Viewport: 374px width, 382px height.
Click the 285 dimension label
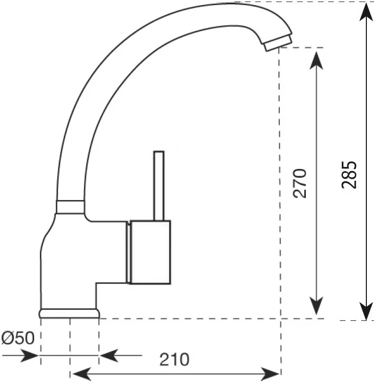(x=349, y=175)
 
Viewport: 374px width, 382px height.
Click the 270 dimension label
(x=300, y=183)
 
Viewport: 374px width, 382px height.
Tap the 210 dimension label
(x=174, y=360)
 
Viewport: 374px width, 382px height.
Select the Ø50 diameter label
(x=18, y=338)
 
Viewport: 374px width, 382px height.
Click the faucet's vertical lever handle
(x=159, y=186)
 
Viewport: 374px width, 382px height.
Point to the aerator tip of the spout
(x=277, y=43)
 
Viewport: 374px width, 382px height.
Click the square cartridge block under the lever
(x=150, y=252)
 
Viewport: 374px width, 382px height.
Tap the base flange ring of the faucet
(x=69, y=313)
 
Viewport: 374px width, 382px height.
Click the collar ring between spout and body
(x=70, y=207)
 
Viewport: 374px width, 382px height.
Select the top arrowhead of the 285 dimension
(x=366, y=12)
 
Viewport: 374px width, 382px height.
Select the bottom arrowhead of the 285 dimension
(x=366, y=311)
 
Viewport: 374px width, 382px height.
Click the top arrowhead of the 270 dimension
(x=316, y=61)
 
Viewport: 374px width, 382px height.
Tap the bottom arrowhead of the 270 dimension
(x=316, y=306)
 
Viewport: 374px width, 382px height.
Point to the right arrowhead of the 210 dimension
(x=270, y=373)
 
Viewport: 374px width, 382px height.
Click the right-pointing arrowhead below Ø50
(x=30, y=356)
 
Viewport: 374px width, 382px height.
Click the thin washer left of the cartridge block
(x=128, y=253)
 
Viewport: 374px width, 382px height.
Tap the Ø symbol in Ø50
(x=7, y=338)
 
